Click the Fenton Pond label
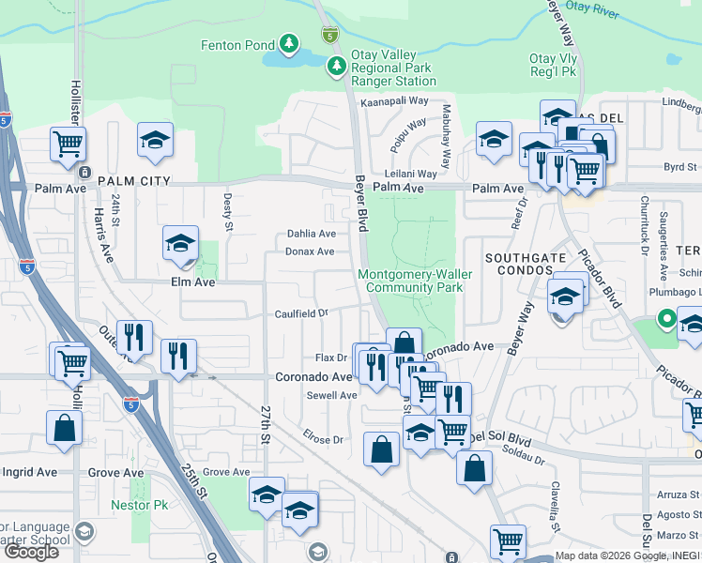[237, 45]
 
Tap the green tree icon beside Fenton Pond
[289, 44]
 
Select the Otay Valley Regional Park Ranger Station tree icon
[336, 67]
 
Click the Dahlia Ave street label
[311, 234]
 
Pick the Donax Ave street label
[310, 251]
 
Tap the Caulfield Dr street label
[300, 314]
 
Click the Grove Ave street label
[226, 472]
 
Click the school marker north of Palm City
[156, 140]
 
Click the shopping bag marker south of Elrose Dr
[382, 449]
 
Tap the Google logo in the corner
[31, 553]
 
